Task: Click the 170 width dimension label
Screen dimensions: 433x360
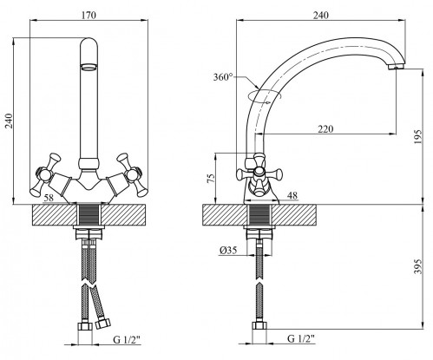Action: coord(89,15)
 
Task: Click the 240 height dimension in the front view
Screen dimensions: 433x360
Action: coord(10,121)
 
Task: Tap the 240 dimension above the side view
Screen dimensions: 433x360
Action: coord(321,15)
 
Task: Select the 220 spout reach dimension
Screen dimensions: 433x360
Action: coord(325,128)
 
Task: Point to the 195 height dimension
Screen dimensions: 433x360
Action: coord(418,137)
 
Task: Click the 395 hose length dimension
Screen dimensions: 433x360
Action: coord(418,266)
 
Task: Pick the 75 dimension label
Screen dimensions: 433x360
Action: coord(212,178)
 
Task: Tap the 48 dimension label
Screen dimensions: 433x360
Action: coord(292,195)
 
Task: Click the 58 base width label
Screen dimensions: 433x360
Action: coord(49,198)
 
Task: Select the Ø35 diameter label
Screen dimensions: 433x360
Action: coord(228,250)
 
